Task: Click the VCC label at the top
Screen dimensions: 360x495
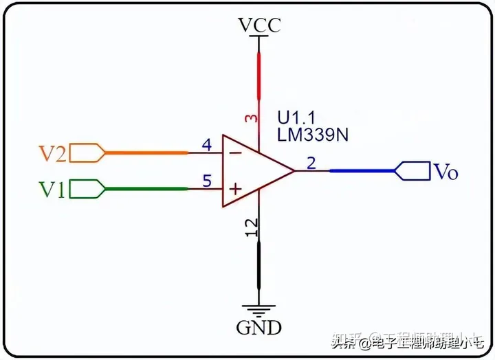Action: [x=259, y=26]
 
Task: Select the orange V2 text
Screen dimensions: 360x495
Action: [x=52, y=153]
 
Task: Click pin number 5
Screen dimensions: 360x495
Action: [x=206, y=181]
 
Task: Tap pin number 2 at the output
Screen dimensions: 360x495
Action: [x=311, y=164]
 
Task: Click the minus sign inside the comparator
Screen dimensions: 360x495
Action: [x=234, y=153]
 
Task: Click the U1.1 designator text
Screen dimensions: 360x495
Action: [x=296, y=116]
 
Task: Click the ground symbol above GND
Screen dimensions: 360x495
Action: [x=259, y=311]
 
